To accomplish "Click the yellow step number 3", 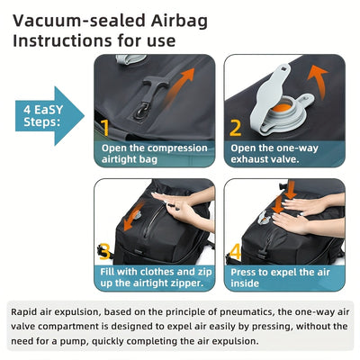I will click(104, 251).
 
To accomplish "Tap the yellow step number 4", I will click(236, 251).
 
